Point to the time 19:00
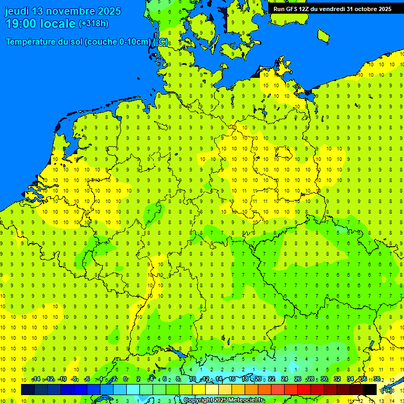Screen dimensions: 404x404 [x=20, y=24]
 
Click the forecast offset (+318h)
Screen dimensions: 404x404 [x=93, y=24]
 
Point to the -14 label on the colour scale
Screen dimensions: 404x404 [x=36, y=379]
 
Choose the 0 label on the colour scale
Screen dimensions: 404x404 [x=125, y=379]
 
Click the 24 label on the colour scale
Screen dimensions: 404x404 [x=284, y=379]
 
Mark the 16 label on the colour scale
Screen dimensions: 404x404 [x=231, y=379]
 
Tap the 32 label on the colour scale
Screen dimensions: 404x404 [x=337, y=379]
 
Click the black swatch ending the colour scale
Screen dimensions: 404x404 [x=370, y=389]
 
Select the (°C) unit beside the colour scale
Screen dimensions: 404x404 [x=387, y=390]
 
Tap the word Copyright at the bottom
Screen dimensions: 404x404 [x=198, y=400]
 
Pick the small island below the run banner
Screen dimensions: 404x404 [x=323, y=35]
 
